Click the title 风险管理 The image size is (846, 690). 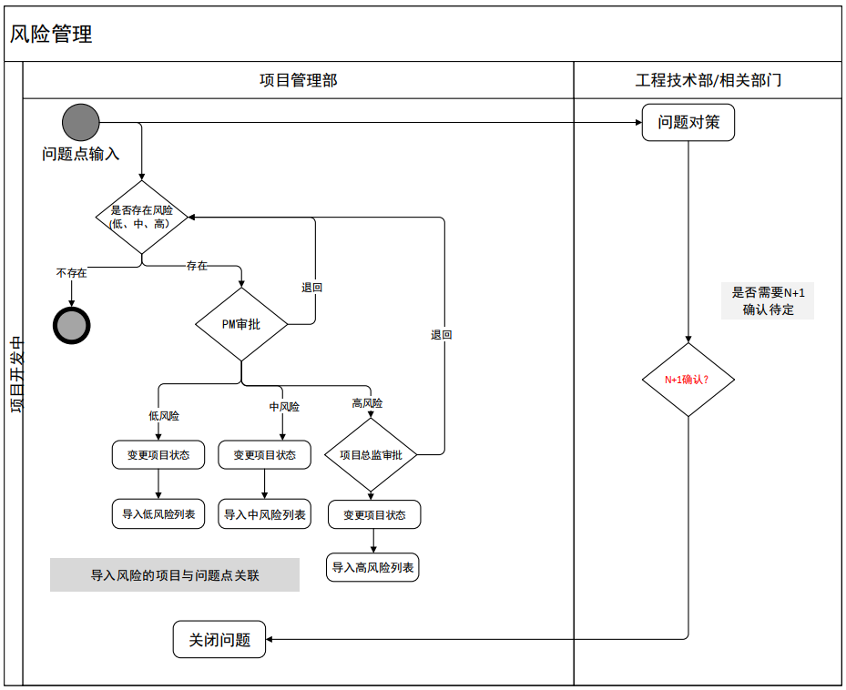(51, 35)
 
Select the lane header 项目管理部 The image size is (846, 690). (298, 80)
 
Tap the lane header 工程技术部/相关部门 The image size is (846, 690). (708, 80)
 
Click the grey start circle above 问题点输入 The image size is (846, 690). (80, 122)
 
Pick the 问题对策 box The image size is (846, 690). (688, 122)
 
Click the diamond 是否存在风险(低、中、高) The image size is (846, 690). (141, 217)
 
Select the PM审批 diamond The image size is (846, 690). (241, 324)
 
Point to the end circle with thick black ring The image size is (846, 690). (72, 325)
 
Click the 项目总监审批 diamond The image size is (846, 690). (371, 454)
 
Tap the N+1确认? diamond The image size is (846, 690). (688, 380)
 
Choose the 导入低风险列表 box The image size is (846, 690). (158, 514)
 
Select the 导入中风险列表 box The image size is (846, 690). (264, 514)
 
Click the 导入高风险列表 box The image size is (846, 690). (373, 567)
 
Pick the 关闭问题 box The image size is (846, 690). (219, 639)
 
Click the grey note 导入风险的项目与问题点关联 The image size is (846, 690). (175, 574)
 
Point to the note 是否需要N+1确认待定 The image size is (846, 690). (769, 300)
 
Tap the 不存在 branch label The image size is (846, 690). (71, 272)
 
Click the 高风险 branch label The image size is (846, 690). (367, 402)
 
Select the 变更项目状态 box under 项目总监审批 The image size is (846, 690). (374, 515)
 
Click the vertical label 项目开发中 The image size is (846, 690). (15, 373)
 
